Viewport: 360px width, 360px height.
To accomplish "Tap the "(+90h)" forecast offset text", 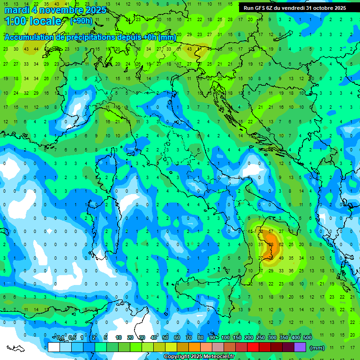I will pos(81,21).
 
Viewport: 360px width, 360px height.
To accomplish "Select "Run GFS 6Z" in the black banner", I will pos(257,8).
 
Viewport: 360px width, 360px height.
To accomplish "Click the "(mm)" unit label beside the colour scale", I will pos(317,348).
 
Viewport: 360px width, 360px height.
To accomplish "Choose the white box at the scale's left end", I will pos(53,347).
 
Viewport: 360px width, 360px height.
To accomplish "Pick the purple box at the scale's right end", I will pos(300,347).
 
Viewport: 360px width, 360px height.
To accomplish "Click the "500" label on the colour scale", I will pos(307,338).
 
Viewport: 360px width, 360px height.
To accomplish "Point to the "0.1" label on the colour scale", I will pos(60,338).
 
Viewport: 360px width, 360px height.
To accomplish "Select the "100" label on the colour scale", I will pos(225,338).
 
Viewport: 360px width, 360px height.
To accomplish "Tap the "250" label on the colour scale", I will pos(261,338).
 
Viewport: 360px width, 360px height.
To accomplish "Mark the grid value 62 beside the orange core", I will pos(281,244).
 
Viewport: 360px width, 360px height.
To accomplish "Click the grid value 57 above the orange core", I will pos(270,231).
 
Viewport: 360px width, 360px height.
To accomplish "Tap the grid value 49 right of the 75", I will pos(281,258).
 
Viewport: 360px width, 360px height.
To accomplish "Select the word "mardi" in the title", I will pos(15,10).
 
